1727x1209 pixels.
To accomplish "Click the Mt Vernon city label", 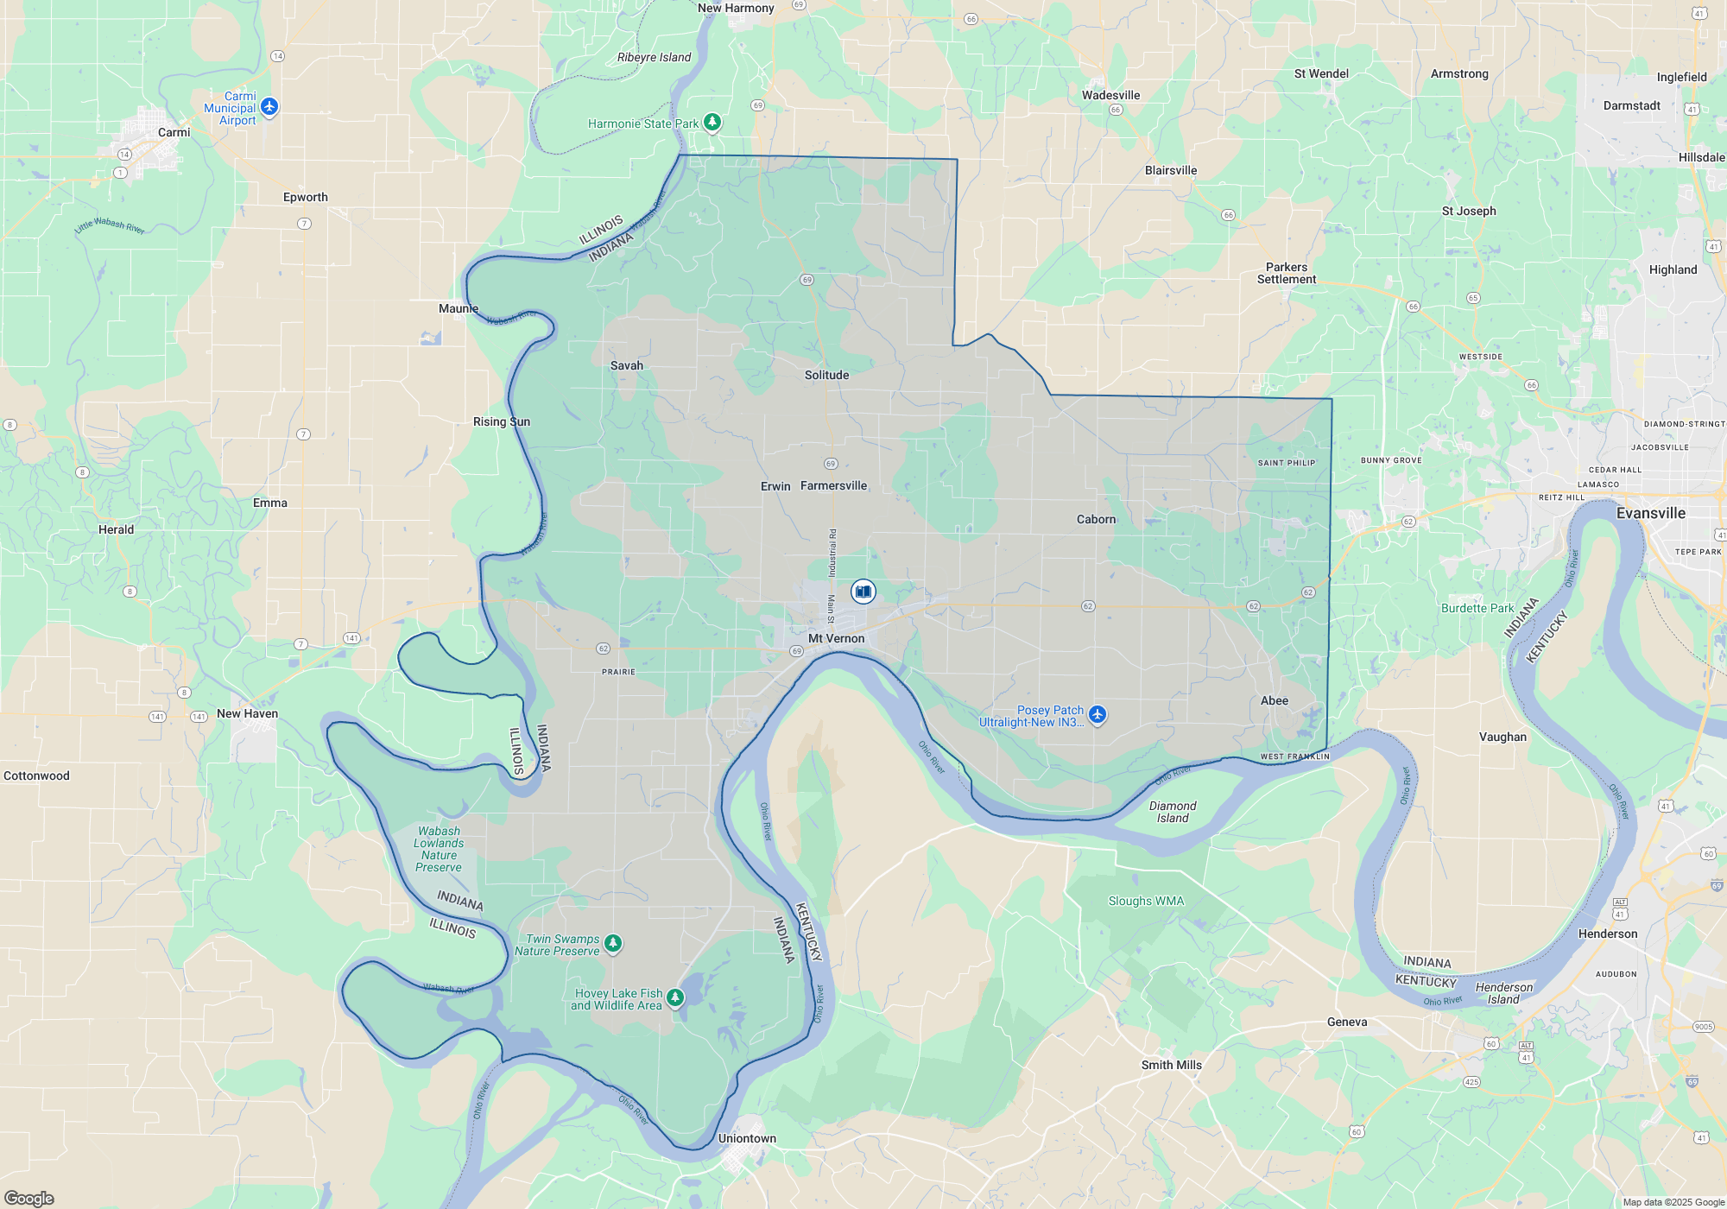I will point(835,638).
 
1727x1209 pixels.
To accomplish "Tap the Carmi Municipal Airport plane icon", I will point(269,106).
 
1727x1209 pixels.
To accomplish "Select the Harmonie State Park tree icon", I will point(712,122).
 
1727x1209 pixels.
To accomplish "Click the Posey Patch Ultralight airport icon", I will point(1098,714).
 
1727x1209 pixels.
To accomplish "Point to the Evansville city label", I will point(1650,513).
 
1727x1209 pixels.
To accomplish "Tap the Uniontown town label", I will point(747,1138).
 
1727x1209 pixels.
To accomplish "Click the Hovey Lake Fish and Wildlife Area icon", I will point(675,997).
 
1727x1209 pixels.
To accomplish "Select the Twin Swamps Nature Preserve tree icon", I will point(613,942).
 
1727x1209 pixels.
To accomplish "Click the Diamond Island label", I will point(1173,812).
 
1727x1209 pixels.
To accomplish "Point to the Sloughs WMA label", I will point(1146,901).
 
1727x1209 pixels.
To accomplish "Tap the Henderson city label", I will point(1607,934).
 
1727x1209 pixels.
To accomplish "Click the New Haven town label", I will point(247,713).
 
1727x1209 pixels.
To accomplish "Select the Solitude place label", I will point(826,375).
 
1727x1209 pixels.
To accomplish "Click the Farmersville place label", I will point(833,485).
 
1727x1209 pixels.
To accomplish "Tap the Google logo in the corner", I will point(29,1198).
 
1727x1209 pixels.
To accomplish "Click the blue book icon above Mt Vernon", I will point(863,591).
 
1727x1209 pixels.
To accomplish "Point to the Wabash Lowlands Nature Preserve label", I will point(439,849).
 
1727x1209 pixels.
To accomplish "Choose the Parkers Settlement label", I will point(1286,273).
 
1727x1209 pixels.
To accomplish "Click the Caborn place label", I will point(1096,519).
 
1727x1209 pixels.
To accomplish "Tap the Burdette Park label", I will point(1477,608).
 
